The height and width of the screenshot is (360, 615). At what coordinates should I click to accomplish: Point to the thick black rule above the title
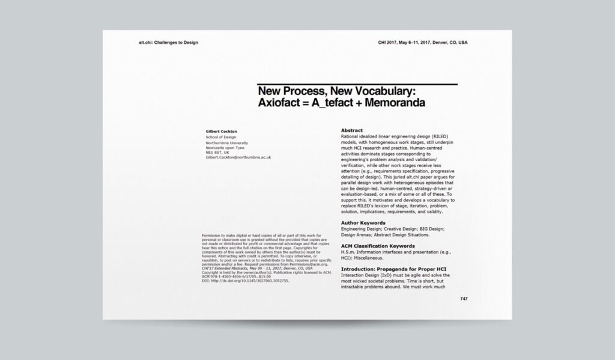pos(357,84)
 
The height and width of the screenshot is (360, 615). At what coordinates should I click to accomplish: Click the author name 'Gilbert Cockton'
pos(222,130)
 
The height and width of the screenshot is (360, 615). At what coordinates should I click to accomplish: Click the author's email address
pos(238,157)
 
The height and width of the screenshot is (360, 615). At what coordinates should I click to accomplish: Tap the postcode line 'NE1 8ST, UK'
pos(217,152)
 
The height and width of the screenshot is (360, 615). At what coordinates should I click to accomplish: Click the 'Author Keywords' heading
pos(363,223)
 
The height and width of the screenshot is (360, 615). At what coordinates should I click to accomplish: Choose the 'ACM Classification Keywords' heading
pos(378,246)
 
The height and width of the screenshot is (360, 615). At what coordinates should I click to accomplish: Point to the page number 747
pos(464,299)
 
